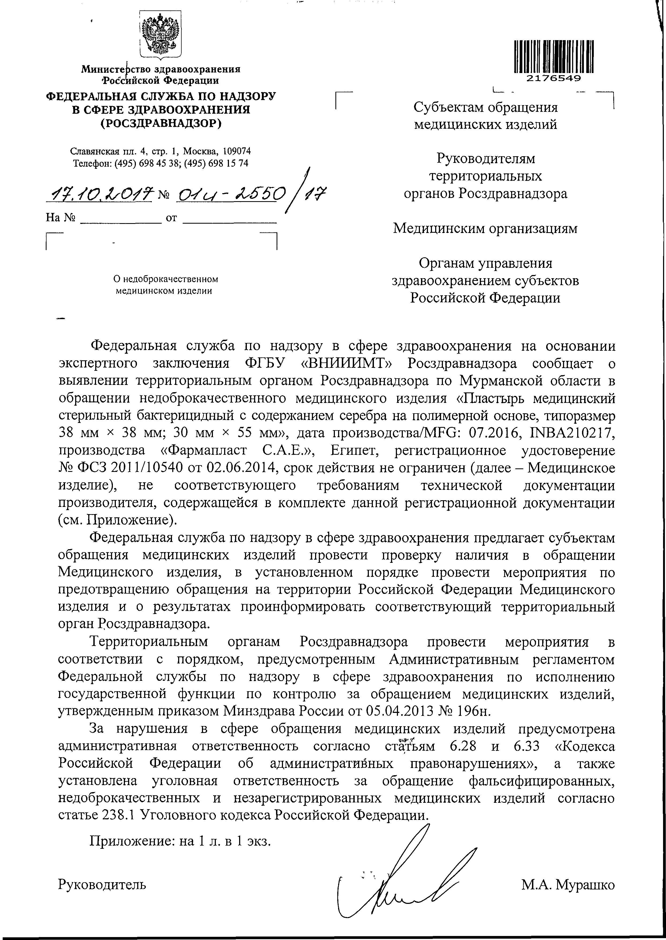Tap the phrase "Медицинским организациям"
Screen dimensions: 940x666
tap(485, 228)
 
